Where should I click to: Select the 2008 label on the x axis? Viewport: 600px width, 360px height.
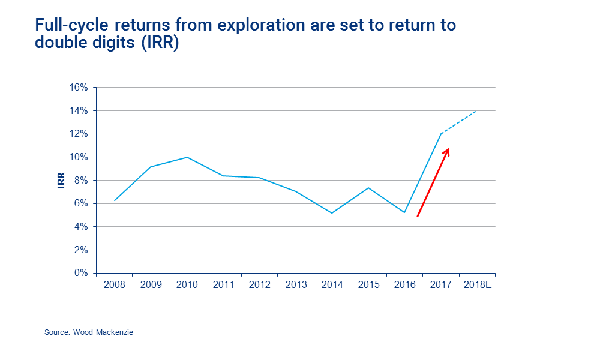(114, 285)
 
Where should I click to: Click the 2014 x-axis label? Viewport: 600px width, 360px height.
(332, 285)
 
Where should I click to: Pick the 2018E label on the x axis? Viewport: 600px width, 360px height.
(478, 285)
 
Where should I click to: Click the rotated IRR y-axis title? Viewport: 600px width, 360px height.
(61, 181)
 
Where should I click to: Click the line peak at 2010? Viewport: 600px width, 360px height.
(187, 157)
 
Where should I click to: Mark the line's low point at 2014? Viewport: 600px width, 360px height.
(332, 213)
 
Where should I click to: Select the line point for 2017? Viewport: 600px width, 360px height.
(441, 134)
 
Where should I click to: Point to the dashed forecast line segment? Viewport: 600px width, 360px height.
(459, 122)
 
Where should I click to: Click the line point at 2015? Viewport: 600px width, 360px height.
(368, 188)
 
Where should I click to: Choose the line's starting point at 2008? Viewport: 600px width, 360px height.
(114, 200)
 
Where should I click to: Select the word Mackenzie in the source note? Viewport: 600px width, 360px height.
(115, 332)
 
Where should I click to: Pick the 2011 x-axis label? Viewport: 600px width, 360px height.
(223, 285)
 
